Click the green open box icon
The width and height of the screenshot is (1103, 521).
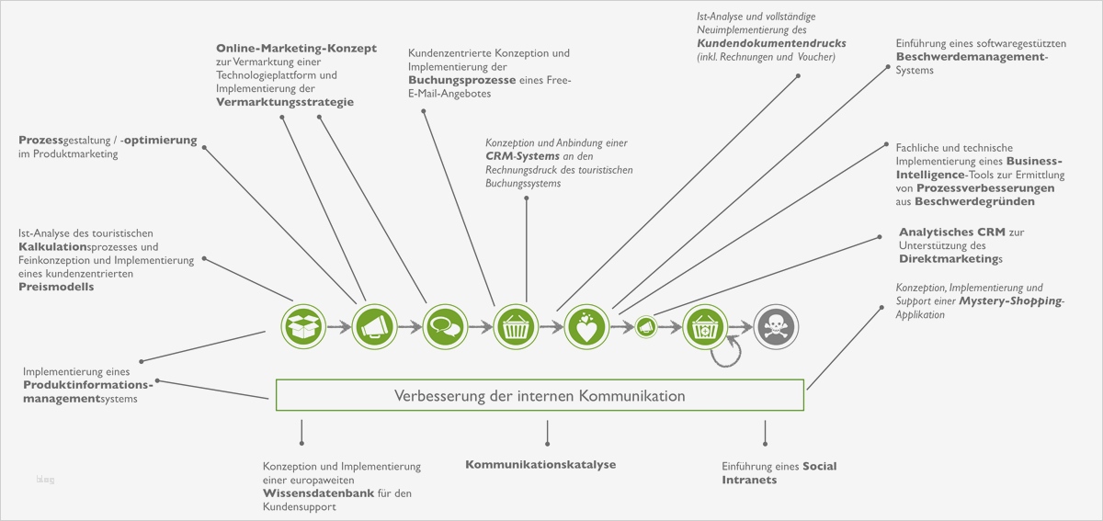coord(304,325)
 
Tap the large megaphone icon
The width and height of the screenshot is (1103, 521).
coord(373,325)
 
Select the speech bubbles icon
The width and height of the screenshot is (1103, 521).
coord(445,325)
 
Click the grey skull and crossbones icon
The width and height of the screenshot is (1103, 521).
coord(777,325)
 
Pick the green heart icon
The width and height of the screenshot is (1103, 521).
coord(586,325)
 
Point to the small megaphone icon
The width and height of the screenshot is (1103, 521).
coord(646,326)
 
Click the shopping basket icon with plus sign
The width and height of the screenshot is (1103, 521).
coord(705,325)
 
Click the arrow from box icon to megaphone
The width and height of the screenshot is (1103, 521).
coord(339,325)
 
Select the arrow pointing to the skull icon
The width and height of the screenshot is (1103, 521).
coord(741,325)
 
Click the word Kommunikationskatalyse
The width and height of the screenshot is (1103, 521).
coord(540,464)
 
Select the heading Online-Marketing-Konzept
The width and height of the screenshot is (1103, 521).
coord(296,48)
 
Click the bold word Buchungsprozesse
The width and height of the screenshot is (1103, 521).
coord(461,80)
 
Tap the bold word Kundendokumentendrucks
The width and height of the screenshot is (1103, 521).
coord(771,43)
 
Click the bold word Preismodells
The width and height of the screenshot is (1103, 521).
coord(56,287)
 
